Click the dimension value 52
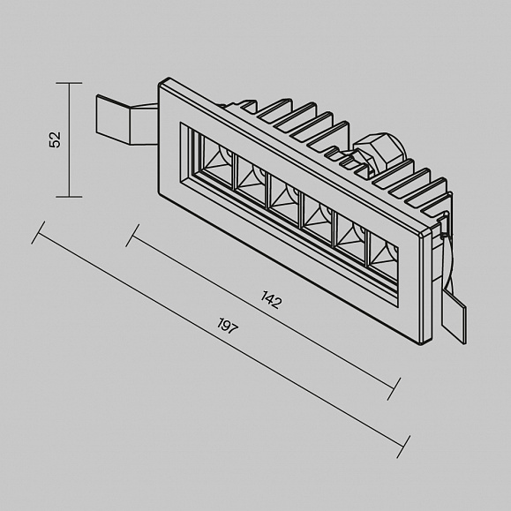click(55, 139)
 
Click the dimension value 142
click(270, 300)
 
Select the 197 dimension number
click(228, 326)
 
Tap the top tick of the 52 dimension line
click(69, 83)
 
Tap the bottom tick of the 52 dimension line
click(69, 197)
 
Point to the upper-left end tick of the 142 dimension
click(132, 236)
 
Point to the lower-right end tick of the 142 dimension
click(394, 389)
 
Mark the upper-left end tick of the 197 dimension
click(38, 233)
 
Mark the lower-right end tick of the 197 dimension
click(403, 447)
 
